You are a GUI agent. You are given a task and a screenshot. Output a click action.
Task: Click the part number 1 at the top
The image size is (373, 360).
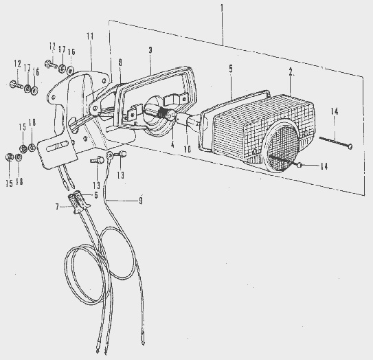pyautogui.click(x=222, y=8)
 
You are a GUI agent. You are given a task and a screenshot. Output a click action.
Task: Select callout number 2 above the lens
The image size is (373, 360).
pyautogui.click(x=292, y=72)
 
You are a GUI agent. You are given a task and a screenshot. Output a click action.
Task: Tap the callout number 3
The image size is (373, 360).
pyautogui.click(x=150, y=50)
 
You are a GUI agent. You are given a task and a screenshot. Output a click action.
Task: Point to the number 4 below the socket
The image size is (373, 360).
pyautogui.click(x=172, y=144)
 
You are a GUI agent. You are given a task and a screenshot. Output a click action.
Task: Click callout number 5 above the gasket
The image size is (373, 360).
pyautogui.click(x=231, y=69)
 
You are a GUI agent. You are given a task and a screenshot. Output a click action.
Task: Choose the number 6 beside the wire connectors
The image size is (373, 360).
pyautogui.click(x=96, y=195)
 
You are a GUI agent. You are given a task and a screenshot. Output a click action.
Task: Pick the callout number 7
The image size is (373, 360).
pyautogui.click(x=57, y=207)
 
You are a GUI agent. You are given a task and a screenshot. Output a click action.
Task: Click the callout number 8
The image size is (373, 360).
pyautogui.click(x=120, y=63)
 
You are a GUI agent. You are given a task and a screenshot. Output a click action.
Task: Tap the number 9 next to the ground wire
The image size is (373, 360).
pyautogui.click(x=141, y=201)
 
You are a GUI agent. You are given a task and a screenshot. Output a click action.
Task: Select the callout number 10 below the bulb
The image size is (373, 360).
pyautogui.click(x=188, y=149)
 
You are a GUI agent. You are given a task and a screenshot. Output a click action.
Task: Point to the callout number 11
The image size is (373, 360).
pyautogui.click(x=90, y=36)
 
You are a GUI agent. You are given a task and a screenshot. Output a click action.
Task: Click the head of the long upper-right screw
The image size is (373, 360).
pyautogui.click(x=350, y=146)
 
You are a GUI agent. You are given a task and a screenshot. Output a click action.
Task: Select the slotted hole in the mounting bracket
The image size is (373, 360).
pyautogui.click(x=58, y=146)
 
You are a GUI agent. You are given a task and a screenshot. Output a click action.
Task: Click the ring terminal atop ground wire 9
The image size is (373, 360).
pyautogui.click(x=110, y=156)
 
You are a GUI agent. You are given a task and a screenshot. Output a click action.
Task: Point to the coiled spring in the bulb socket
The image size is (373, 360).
pyautogui.click(x=163, y=112)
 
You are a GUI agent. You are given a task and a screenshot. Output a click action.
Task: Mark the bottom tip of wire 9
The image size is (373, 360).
pyautogui.click(x=143, y=345)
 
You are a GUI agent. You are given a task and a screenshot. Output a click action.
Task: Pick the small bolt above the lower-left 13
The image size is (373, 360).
pyautogui.click(x=98, y=160)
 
